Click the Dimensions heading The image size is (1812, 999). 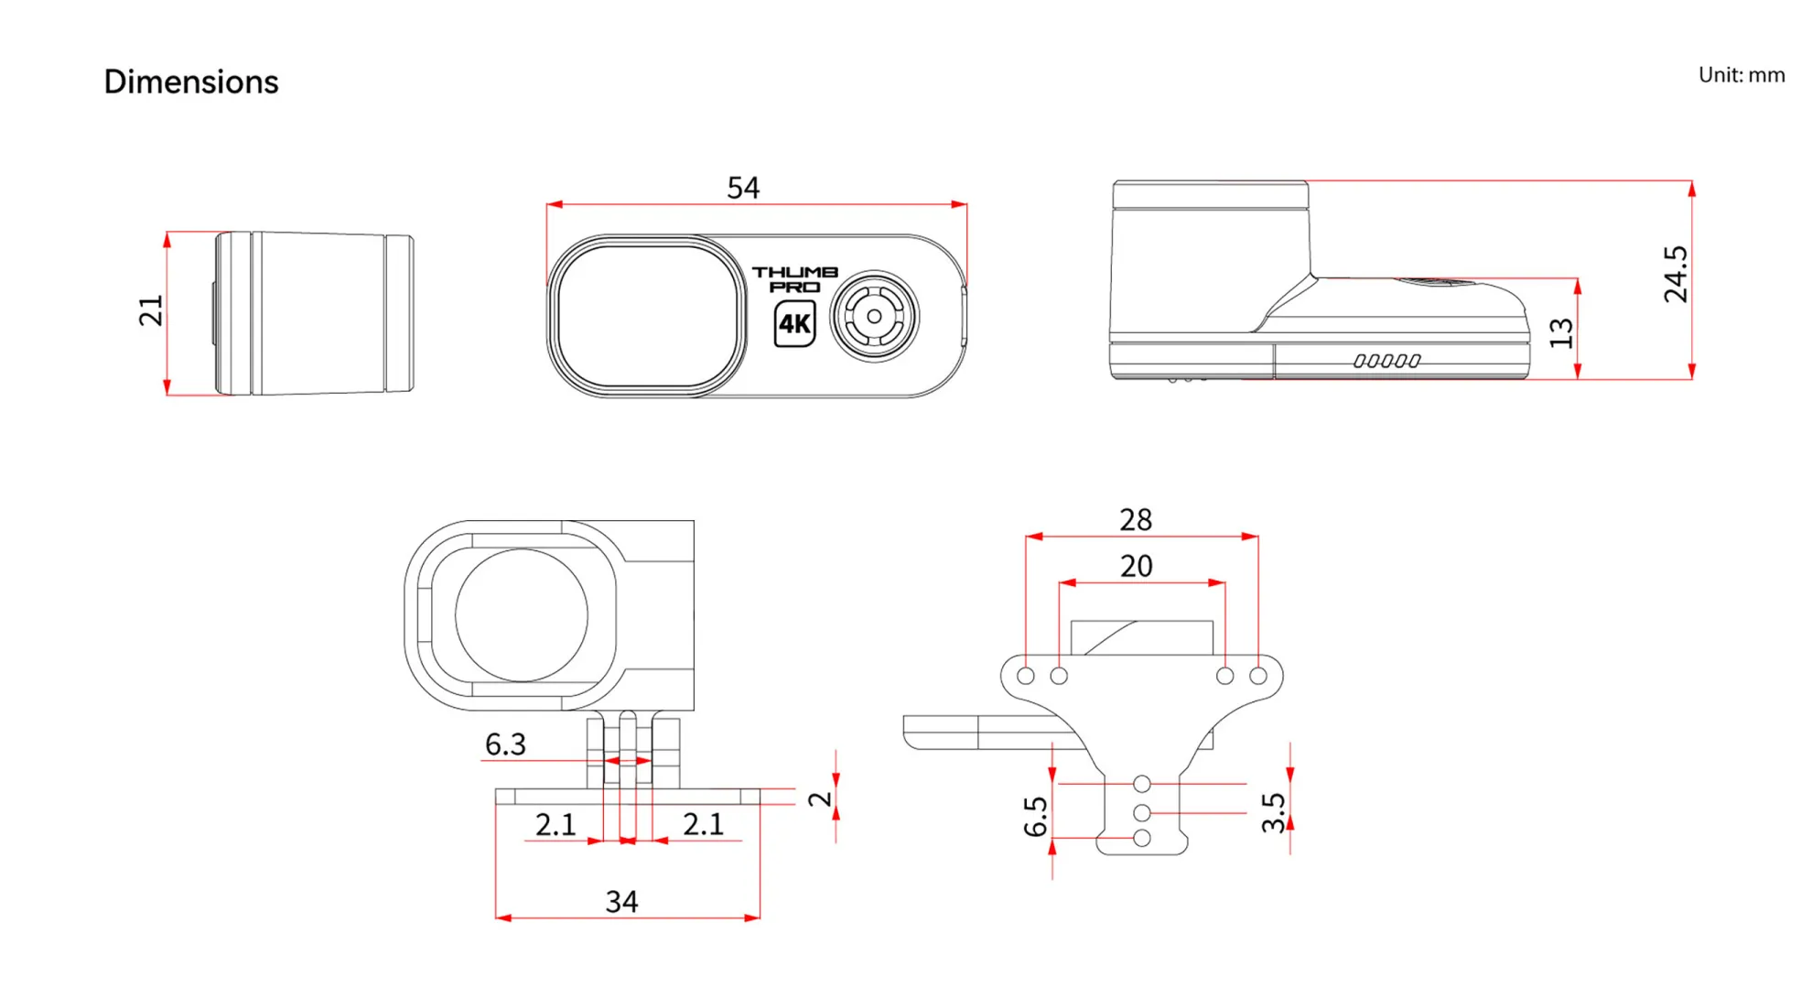(190, 81)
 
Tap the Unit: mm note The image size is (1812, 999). (1741, 75)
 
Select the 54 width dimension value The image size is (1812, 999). (742, 188)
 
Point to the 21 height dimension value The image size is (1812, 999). (151, 310)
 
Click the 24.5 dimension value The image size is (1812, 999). (1675, 274)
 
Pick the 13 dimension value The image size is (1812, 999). (1561, 332)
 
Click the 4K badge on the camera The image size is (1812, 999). (794, 323)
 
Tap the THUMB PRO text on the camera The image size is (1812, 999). (794, 278)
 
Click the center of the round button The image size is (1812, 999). (874, 316)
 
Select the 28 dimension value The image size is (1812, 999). (1136, 519)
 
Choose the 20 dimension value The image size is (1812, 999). (1136, 566)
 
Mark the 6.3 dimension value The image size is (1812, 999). (505, 744)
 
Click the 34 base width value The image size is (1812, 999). (621, 901)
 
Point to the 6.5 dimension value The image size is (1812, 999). (1035, 816)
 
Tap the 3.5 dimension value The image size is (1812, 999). (1273, 812)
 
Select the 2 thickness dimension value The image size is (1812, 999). (820, 798)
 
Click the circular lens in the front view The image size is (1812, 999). (522, 615)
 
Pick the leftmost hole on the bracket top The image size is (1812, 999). (1026, 676)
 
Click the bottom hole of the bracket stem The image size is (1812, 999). (1141, 838)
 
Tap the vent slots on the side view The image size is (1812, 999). (1386, 361)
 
